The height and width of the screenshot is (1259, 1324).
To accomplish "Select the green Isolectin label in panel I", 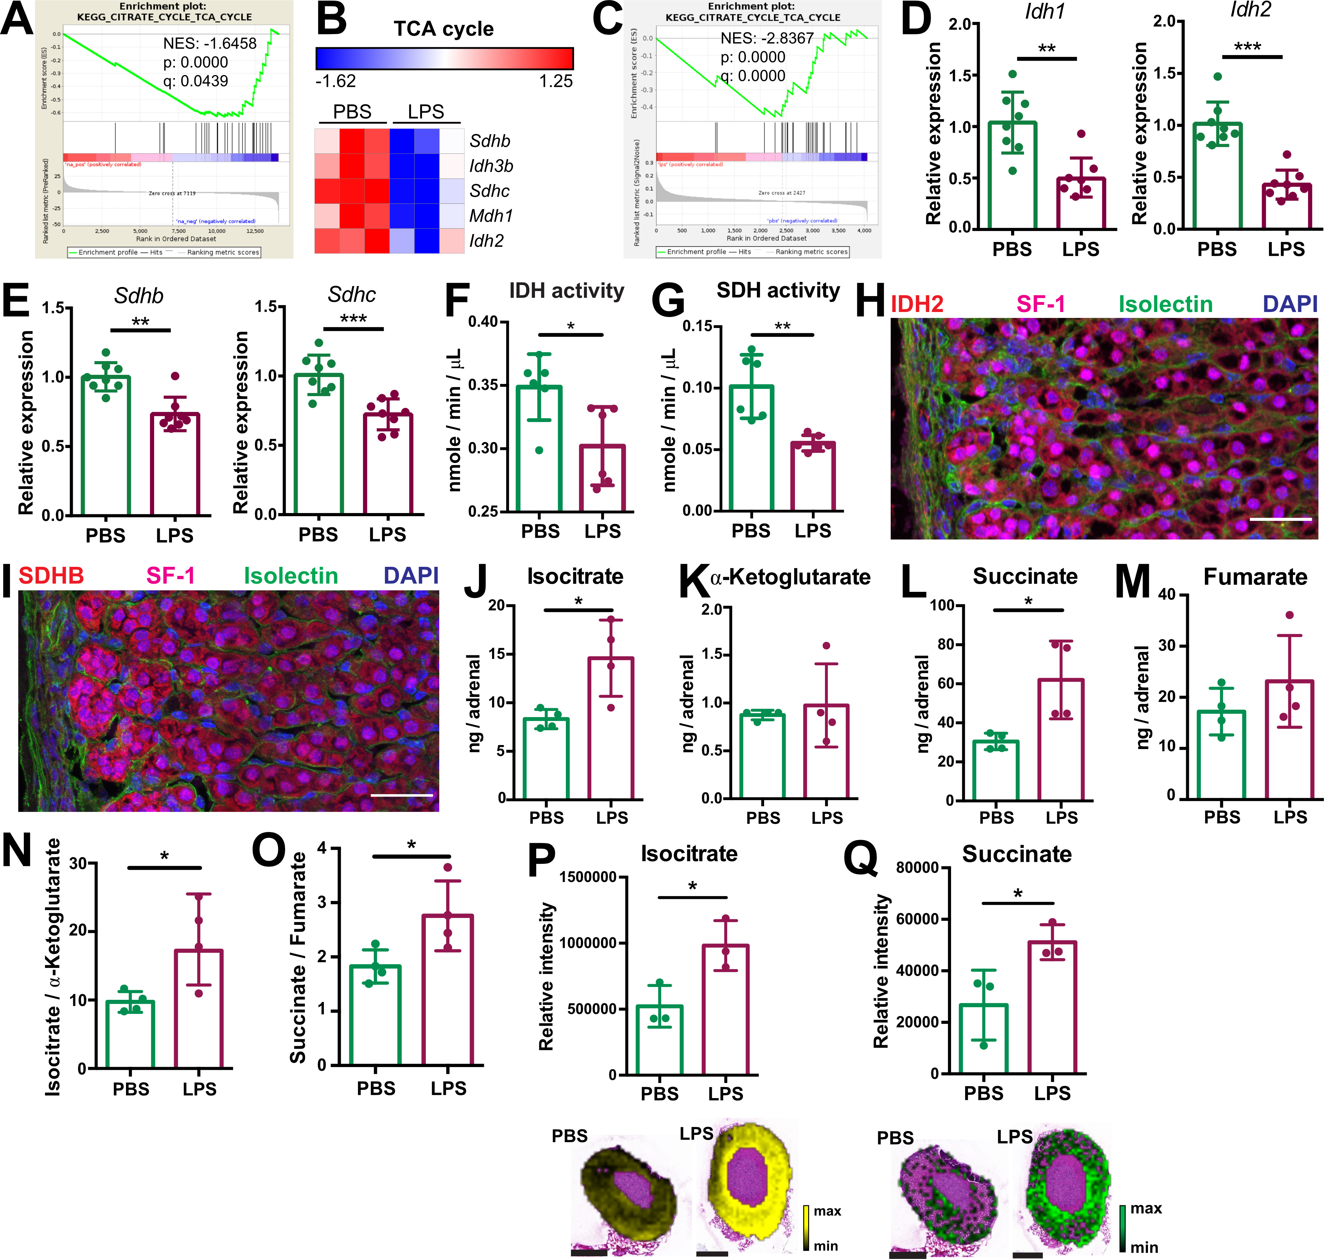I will pos(290,576).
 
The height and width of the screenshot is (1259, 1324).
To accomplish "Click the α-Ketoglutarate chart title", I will pos(790,577).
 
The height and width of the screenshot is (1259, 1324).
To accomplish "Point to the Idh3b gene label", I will pos(491,166).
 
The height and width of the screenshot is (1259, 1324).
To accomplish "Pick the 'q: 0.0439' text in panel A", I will pos(195,81).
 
